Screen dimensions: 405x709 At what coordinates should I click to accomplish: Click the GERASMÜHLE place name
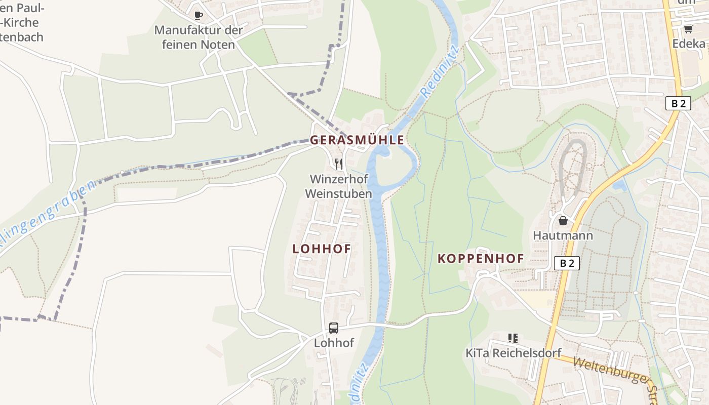click(357, 140)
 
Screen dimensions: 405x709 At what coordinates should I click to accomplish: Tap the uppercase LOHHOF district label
click(322, 249)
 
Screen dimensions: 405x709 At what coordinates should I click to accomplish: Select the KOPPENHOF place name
click(481, 259)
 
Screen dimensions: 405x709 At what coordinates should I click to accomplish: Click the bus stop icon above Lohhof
click(334, 328)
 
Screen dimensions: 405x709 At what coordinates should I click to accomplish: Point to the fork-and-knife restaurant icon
click(339, 164)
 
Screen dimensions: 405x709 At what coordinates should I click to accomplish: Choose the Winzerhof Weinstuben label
click(339, 186)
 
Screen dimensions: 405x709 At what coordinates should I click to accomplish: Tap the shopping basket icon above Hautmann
click(563, 221)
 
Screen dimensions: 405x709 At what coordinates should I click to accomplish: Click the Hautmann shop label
click(563, 236)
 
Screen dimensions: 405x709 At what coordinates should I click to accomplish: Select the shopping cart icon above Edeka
click(688, 29)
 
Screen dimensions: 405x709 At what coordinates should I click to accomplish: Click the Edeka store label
click(689, 44)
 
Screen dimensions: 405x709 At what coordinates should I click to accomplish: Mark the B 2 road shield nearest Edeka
click(678, 103)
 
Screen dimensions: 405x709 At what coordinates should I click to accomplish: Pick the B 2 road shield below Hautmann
click(567, 263)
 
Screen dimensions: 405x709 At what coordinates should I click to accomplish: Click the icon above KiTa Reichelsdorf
click(513, 338)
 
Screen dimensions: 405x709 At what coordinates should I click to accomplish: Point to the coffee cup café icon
click(199, 15)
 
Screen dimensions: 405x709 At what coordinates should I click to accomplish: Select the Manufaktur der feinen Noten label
click(199, 37)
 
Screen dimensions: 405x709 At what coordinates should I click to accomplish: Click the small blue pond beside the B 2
click(619, 186)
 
